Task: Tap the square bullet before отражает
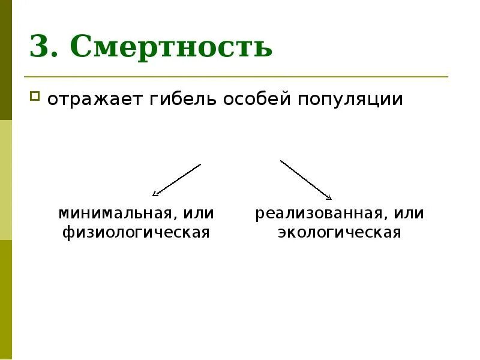tap(35, 95)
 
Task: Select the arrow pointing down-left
tap(177, 179)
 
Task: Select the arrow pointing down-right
tap(306, 179)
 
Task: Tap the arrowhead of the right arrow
tap(329, 197)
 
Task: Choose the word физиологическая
tap(136, 232)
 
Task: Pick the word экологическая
tap(339, 232)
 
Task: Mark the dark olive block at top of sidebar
tap(5, 60)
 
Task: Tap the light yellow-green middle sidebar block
tap(5, 180)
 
